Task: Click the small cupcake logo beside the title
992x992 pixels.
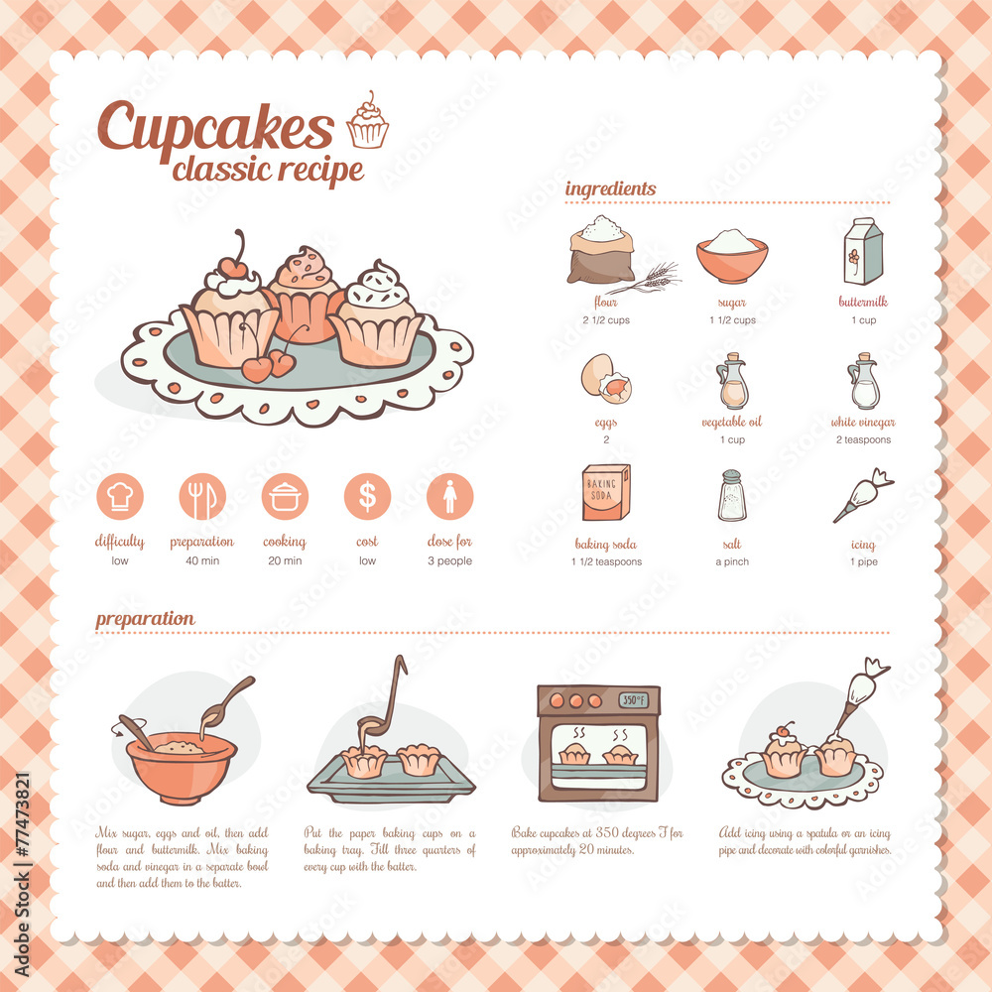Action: click(x=367, y=122)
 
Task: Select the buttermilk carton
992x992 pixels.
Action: click(x=862, y=251)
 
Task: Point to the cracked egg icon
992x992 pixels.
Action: click(x=605, y=379)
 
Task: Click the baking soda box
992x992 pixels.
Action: click(x=605, y=493)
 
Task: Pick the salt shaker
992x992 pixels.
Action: click(x=732, y=495)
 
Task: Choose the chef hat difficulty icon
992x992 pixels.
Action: click(x=120, y=496)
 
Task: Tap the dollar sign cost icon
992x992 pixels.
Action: click(x=367, y=496)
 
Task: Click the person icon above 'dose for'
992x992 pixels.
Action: click(x=449, y=496)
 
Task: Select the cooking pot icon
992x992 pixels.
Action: click(x=285, y=496)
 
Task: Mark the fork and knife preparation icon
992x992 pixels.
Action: click(x=202, y=496)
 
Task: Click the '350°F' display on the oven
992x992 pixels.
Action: click(x=635, y=700)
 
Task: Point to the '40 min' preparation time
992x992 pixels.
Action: click(x=201, y=561)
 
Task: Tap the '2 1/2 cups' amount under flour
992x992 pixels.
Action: click(x=605, y=320)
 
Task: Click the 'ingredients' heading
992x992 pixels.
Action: click(x=610, y=188)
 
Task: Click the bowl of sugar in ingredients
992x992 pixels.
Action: click(x=732, y=255)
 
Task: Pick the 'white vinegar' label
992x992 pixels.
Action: click(x=862, y=423)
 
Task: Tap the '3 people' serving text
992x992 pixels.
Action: click(x=449, y=561)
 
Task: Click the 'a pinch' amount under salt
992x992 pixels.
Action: click(x=732, y=561)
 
